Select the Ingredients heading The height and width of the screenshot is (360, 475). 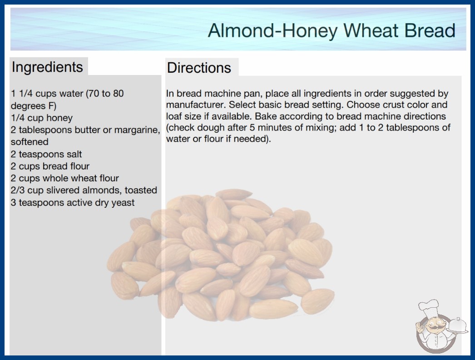pyautogui.click(x=47, y=67)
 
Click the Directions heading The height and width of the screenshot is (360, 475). pyautogui.click(x=199, y=68)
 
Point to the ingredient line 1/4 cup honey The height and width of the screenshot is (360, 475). pyautogui.click(x=42, y=118)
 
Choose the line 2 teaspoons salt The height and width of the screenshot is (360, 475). pyautogui.click(x=46, y=154)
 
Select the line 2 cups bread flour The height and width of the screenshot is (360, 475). pyautogui.click(x=50, y=166)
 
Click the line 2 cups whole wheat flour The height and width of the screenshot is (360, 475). pyautogui.click(x=65, y=178)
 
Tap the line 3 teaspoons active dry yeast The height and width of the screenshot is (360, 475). pyautogui.click(x=73, y=202)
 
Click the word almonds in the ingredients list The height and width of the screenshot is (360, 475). pyautogui.click(x=102, y=190)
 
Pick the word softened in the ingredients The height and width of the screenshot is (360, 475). pyautogui.click(x=30, y=142)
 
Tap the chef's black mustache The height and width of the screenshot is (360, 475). pyautogui.click(x=433, y=327)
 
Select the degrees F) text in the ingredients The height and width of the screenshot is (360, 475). pyautogui.click(x=34, y=106)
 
